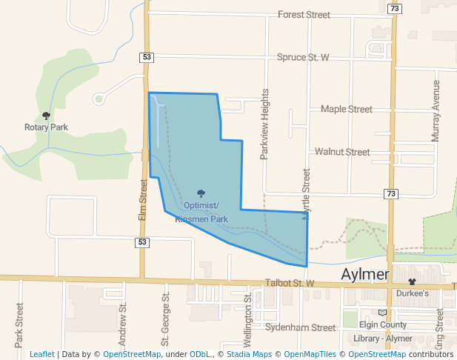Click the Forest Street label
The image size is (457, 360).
tap(303, 14)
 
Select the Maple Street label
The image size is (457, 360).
tap(346, 109)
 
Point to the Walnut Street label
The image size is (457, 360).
tap(341, 152)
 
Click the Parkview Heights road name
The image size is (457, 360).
tap(264, 125)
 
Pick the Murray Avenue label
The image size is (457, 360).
tap(436, 111)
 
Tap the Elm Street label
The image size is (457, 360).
tap(144, 198)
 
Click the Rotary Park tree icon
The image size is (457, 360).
tap(46, 116)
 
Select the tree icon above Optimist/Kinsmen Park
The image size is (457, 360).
tap(201, 193)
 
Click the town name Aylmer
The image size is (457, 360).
tap(365, 275)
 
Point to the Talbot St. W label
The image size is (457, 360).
tap(290, 284)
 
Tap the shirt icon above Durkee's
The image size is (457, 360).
tap(412, 281)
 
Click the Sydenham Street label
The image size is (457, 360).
tap(300, 327)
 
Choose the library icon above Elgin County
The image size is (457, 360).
tap(382, 313)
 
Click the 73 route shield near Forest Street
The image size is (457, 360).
tap(394, 8)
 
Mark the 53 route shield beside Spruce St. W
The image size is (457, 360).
tap(145, 57)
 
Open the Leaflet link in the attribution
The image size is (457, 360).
tap(41, 354)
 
